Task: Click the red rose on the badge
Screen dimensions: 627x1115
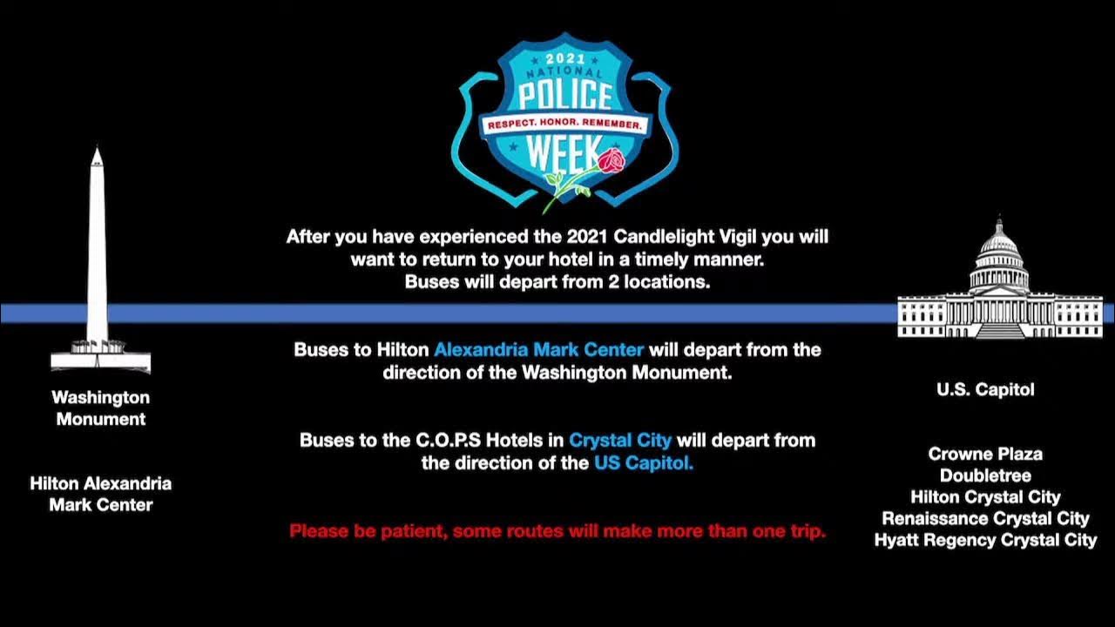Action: point(611,162)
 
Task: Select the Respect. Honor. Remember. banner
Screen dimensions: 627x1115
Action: point(565,125)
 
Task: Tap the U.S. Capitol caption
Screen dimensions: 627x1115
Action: point(985,390)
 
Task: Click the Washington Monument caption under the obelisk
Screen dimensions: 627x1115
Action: point(100,408)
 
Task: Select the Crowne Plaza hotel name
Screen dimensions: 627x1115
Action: point(985,454)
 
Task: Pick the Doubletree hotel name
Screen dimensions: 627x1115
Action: point(985,475)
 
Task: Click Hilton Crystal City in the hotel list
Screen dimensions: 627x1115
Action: point(985,497)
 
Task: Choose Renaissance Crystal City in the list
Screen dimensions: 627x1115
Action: point(985,519)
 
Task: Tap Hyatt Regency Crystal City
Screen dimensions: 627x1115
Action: point(985,540)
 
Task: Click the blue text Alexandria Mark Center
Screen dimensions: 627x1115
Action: point(538,350)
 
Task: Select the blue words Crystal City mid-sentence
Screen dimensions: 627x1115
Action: point(620,441)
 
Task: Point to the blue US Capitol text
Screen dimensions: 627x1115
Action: point(643,463)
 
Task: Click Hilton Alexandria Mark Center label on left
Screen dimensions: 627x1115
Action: point(100,494)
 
